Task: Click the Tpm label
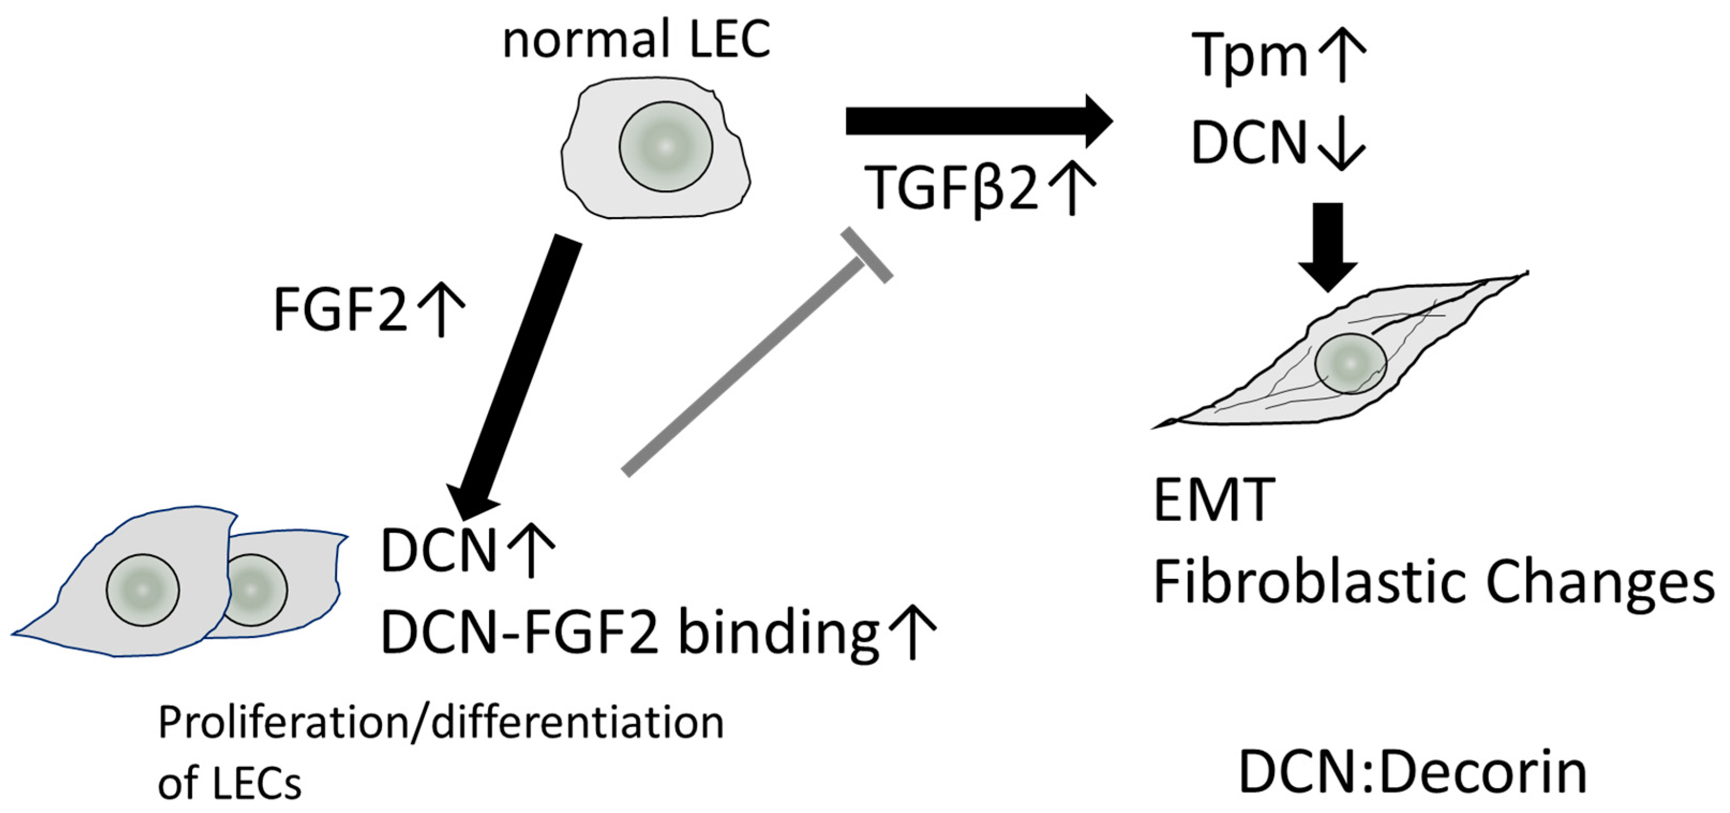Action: point(1249,57)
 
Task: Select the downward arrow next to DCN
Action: point(1342,145)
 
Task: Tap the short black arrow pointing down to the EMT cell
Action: point(1328,245)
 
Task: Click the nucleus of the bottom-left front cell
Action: point(142,590)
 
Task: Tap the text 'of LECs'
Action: point(230,783)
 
